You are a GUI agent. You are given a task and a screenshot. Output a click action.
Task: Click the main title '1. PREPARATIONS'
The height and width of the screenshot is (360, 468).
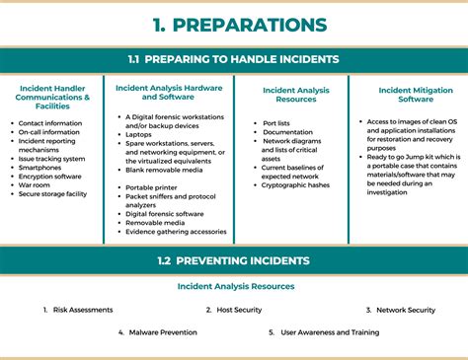tap(234, 24)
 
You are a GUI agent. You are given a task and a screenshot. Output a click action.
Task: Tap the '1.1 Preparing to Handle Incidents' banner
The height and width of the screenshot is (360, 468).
tap(234, 59)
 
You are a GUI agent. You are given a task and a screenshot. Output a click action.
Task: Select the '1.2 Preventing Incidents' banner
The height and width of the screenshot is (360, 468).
tap(234, 260)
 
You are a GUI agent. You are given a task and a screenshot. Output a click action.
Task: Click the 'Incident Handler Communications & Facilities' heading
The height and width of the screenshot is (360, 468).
tap(54, 99)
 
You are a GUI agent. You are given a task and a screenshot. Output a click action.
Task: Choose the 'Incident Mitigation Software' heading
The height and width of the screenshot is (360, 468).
tap(408, 95)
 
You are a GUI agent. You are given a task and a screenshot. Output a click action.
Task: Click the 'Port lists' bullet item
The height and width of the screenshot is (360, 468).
tap(277, 123)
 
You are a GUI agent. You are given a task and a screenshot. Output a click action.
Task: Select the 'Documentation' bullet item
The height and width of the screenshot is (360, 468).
tap(288, 132)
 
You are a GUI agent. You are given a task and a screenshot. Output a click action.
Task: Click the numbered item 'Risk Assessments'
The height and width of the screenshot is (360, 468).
tap(83, 310)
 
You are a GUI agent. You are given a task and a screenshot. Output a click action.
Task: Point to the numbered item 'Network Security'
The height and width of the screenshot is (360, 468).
tap(405, 310)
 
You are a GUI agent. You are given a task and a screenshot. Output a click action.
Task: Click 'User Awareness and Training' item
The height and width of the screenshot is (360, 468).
tap(330, 333)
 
